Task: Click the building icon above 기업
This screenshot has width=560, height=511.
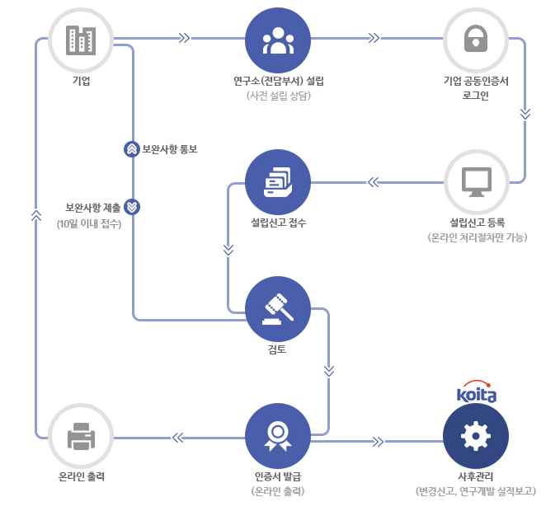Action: (x=81, y=40)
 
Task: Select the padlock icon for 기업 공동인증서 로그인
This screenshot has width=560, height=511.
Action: (x=476, y=40)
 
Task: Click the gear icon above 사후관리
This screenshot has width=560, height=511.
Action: (x=476, y=435)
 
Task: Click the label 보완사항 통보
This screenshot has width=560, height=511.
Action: (x=170, y=149)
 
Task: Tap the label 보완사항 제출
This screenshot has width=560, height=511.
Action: (x=93, y=207)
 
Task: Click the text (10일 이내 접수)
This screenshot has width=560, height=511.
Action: (x=89, y=223)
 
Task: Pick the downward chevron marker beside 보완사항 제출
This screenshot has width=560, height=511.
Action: (x=133, y=207)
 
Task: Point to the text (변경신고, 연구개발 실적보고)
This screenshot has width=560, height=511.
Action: (x=476, y=491)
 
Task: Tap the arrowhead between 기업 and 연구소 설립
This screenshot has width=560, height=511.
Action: (x=183, y=38)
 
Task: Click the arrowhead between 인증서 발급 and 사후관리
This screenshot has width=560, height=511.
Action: (x=379, y=441)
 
